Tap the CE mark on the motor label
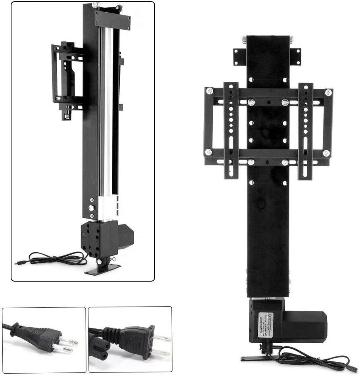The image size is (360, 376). (271, 316)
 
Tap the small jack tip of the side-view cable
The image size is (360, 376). (17, 262)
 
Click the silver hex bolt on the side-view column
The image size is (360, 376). (91, 208)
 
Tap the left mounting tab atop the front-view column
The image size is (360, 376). (239, 56)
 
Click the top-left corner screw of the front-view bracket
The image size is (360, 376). (209, 91)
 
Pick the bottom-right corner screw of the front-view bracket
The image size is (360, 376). (326, 153)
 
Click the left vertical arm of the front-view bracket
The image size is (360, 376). (231, 131)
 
